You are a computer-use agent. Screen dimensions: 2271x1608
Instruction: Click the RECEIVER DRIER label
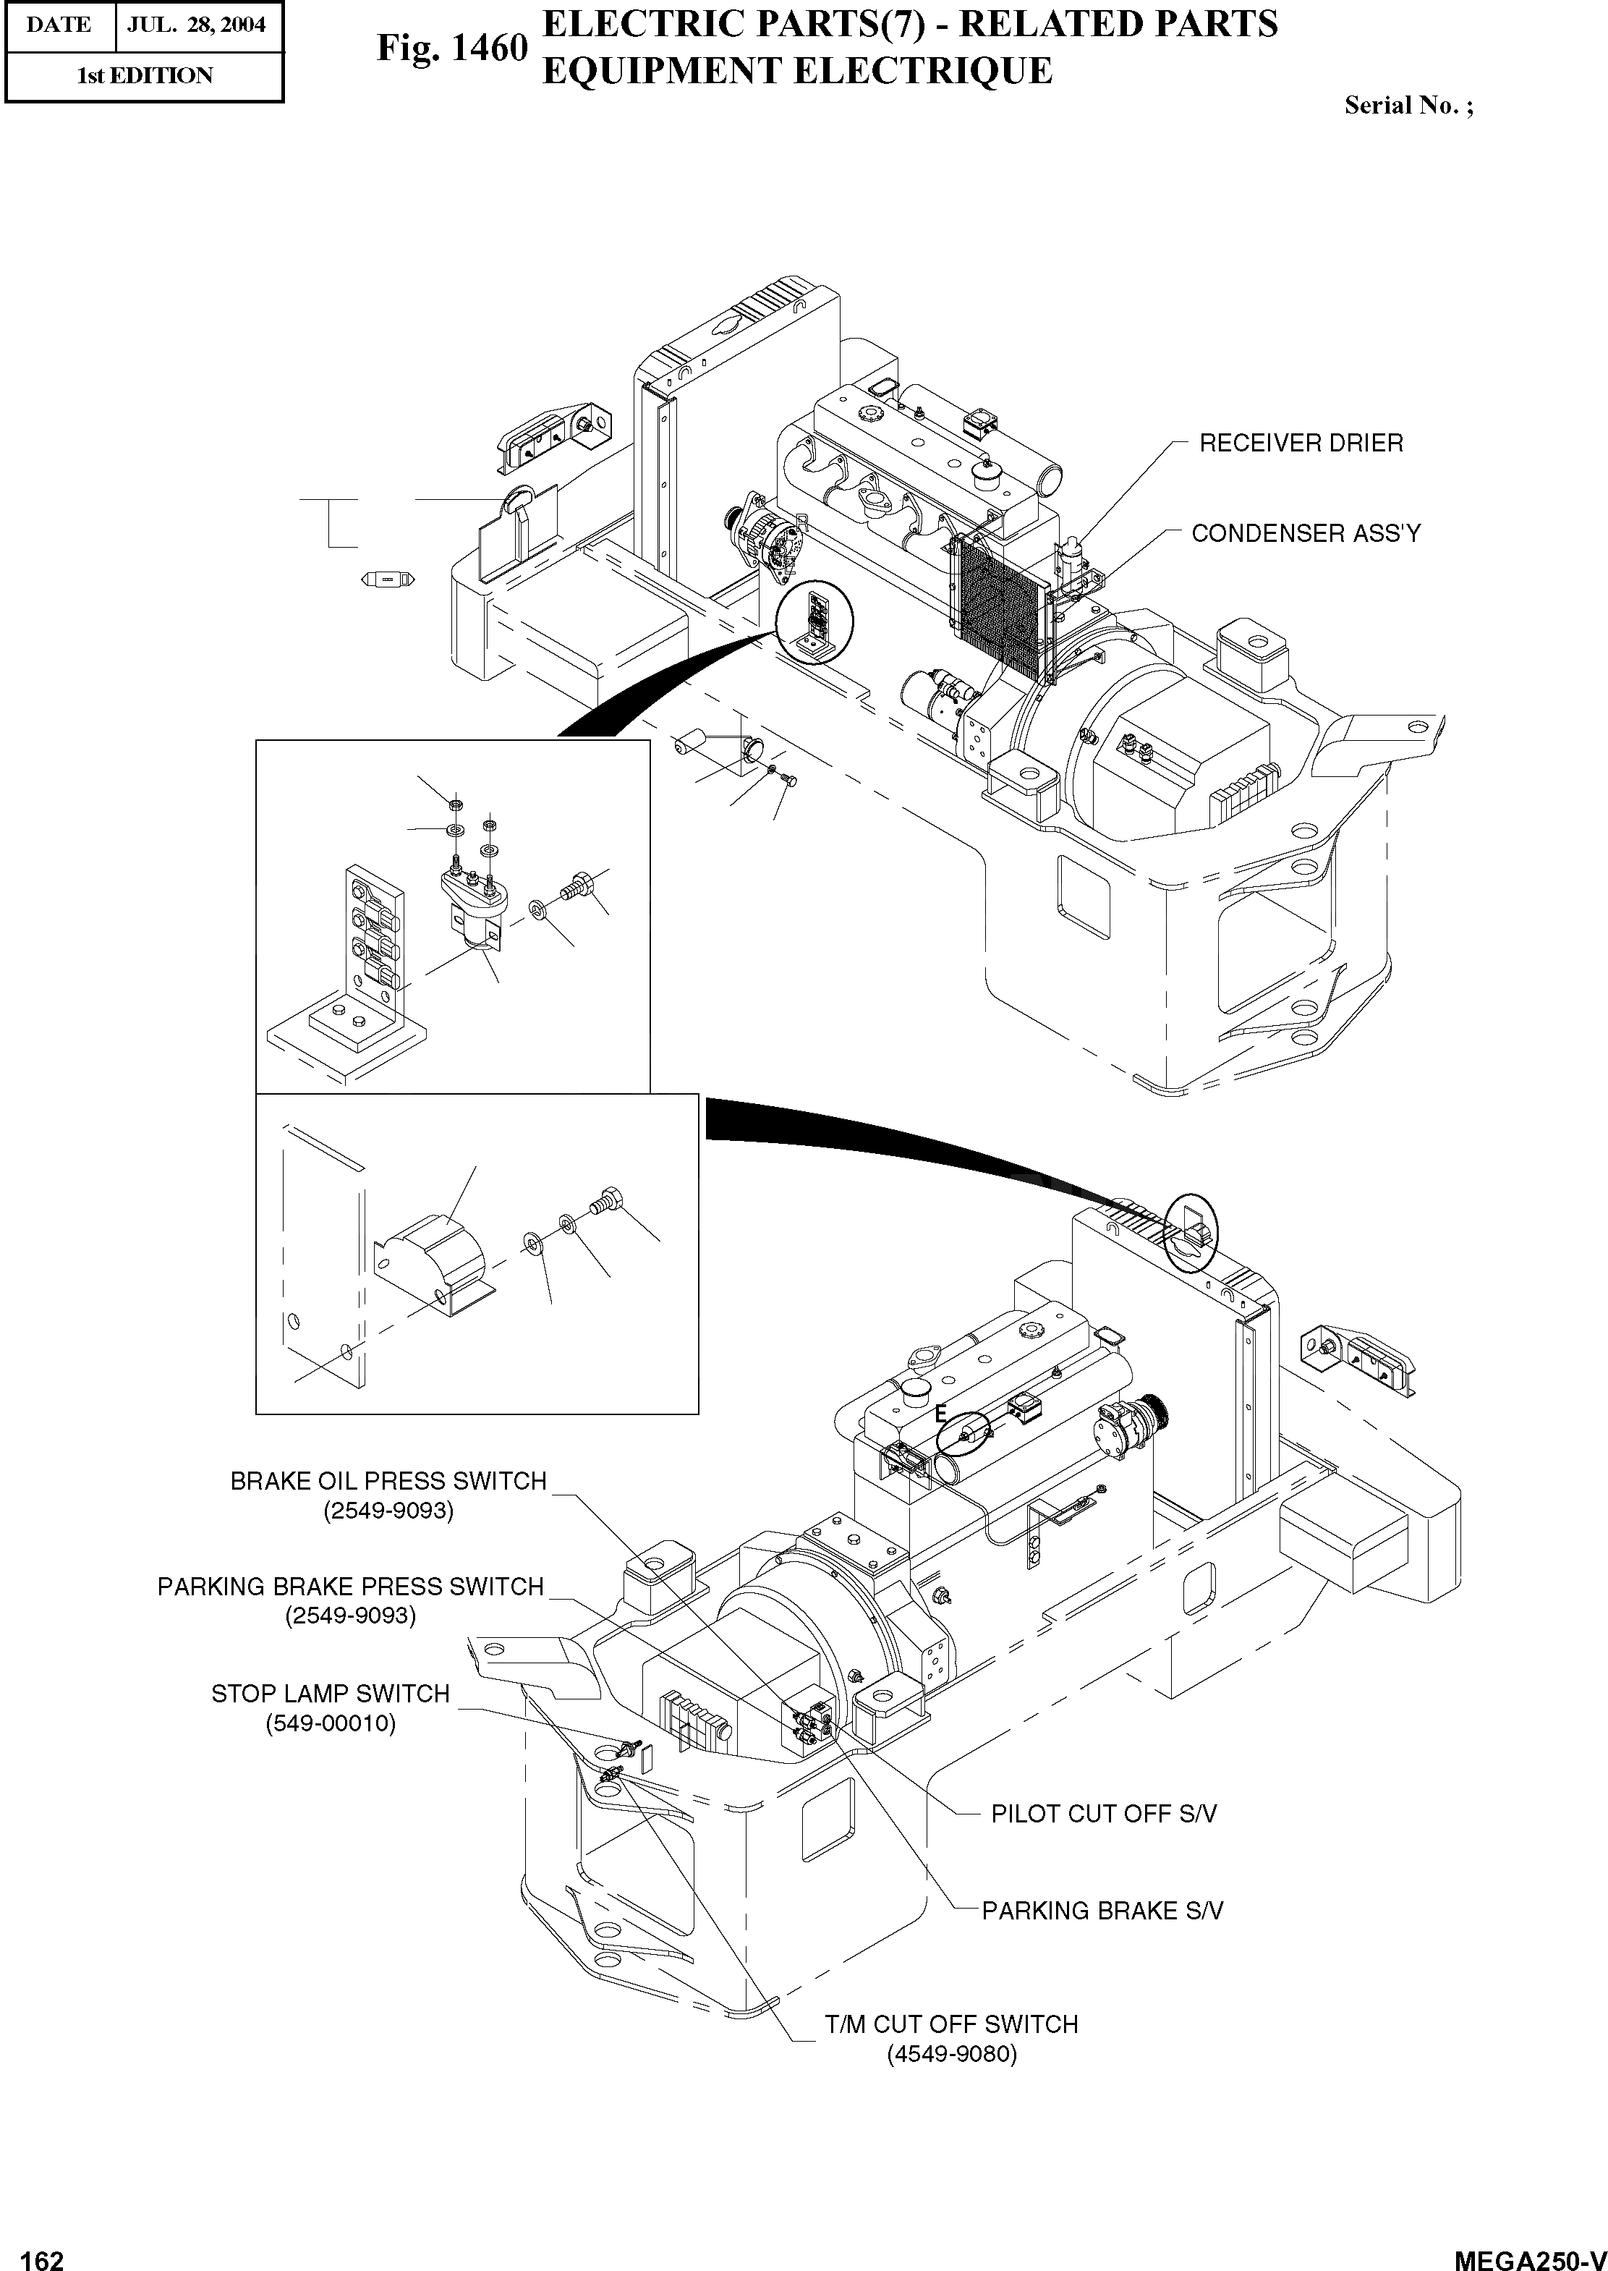pyautogui.click(x=1300, y=443)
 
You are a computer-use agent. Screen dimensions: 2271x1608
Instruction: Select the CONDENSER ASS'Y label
pyautogui.click(x=1305, y=534)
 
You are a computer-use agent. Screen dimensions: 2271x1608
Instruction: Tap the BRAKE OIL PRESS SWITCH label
pyautogui.click(x=388, y=1481)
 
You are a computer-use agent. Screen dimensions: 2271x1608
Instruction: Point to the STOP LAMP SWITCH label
pyautogui.click(x=330, y=1694)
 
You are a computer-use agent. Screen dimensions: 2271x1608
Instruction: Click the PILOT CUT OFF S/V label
pyautogui.click(x=1103, y=1814)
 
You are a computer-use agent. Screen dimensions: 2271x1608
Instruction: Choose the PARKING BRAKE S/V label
pyautogui.click(x=1102, y=1911)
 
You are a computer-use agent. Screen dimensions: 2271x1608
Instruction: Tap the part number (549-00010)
pyautogui.click(x=330, y=1723)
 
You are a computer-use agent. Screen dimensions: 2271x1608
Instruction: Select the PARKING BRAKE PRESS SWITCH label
pyautogui.click(x=351, y=1587)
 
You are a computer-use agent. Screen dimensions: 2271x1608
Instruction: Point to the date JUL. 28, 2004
pyautogui.click(x=196, y=25)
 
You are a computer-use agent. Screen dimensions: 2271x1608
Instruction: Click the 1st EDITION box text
pyautogui.click(x=145, y=76)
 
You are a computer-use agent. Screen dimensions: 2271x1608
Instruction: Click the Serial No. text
pyautogui.click(x=1407, y=106)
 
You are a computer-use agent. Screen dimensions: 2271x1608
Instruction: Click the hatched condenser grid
pyautogui.click(x=998, y=604)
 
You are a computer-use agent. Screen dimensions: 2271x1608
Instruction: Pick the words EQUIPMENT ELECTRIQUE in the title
pyautogui.click(x=797, y=72)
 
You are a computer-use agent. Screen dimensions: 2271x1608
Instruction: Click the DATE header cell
pyautogui.click(x=59, y=25)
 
